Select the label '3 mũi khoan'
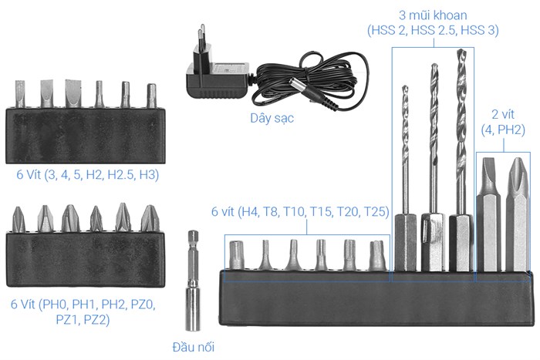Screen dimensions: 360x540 click(432, 15)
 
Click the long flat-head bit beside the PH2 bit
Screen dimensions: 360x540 click(488, 208)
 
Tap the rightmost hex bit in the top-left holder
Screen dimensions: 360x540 click(151, 96)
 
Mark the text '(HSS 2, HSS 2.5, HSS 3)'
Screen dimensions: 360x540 click(432, 31)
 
